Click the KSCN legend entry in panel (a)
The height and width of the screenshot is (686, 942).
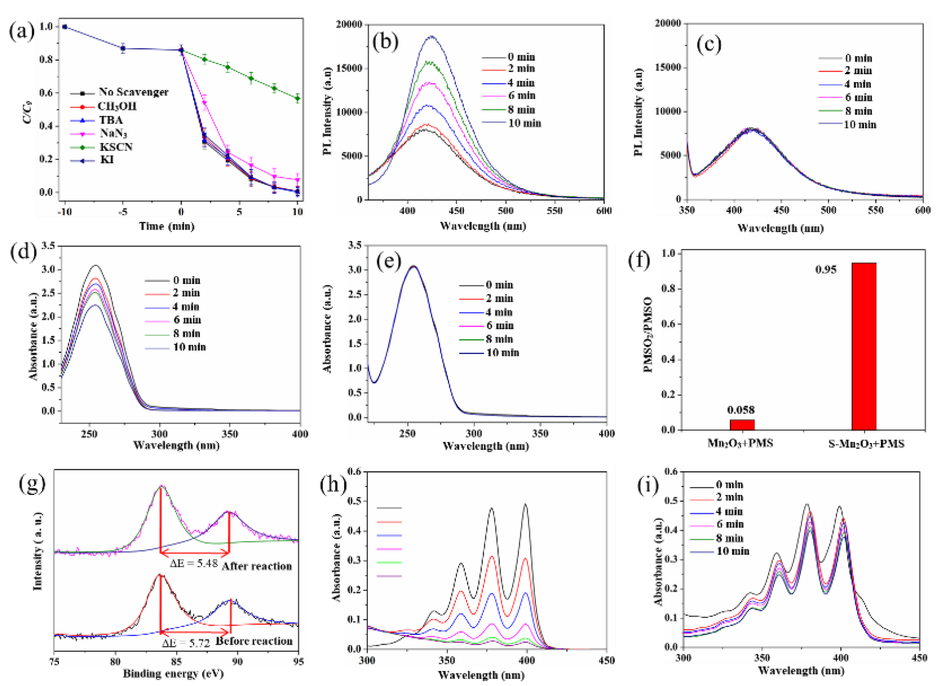click(x=116, y=147)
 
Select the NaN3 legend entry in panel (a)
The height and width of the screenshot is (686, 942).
click(x=113, y=133)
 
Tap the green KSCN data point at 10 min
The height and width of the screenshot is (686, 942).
click(x=297, y=98)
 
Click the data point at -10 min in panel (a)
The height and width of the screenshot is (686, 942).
click(x=65, y=27)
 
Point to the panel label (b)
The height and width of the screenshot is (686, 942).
click(x=385, y=42)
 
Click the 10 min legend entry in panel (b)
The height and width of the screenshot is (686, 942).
click(x=524, y=123)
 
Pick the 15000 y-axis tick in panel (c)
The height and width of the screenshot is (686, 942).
click(x=668, y=67)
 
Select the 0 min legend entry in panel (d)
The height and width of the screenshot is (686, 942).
click(x=186, y=280)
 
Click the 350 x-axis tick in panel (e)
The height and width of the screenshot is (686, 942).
click(x=540, y=434)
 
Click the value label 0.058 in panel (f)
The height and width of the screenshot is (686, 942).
click(x=741, y=410)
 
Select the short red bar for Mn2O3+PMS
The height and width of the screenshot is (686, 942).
click(x=742, y=425)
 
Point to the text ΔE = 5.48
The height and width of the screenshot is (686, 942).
click(x=194, y=563)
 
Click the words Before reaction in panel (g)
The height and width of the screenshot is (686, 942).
click(x=254, y=641)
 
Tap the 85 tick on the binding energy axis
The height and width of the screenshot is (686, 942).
click(x=176, y=661)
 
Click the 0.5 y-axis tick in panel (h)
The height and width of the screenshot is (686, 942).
click(x=354, y=501)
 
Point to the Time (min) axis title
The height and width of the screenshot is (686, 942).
click(x=166, y=226)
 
